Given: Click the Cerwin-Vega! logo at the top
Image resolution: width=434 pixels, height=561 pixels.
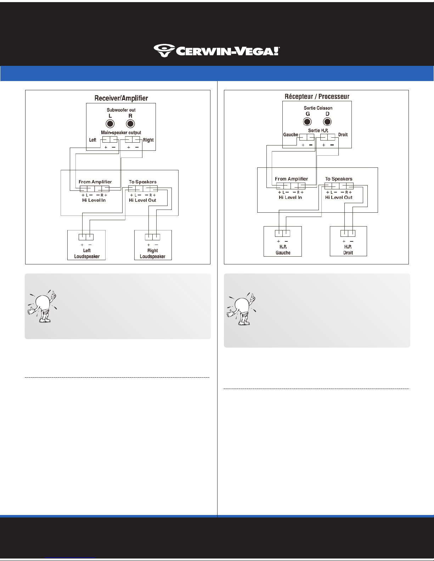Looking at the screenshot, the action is tap(216, 51).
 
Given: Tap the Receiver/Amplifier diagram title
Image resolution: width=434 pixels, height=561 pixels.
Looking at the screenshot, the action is tap(121, 98).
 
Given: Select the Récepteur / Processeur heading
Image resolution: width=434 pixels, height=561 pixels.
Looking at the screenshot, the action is tap(317, 97).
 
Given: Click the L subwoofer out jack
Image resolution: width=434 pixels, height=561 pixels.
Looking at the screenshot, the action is tap(110, 124).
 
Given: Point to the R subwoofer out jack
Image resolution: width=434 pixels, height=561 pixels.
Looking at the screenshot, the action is tap(130, 124).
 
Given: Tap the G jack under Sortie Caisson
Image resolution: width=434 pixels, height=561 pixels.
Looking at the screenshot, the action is tap(307, 122).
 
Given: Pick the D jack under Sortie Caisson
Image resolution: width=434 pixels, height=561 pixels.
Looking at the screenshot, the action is tap(327, 122).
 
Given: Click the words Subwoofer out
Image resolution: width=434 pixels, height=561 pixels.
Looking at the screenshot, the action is tap(121, 110).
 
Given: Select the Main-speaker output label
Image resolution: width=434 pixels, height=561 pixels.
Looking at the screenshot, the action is tap(121, 133).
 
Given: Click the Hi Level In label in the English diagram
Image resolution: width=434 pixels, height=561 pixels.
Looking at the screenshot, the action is tap(94, 200).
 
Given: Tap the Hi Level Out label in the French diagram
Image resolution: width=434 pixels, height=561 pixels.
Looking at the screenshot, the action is tap(339, 197).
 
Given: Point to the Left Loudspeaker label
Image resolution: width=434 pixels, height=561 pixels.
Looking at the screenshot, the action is tap(87, 253).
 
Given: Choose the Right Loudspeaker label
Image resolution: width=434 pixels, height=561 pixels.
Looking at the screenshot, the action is tap(152, 253).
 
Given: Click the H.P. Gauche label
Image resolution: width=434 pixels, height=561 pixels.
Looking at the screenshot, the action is tap(283, 250).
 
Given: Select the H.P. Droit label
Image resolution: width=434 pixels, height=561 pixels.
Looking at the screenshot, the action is tap(348, 250).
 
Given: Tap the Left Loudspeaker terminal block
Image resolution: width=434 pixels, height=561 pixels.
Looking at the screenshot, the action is tap(86, 237).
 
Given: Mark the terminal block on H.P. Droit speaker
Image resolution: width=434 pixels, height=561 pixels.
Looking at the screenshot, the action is tap(348, 233).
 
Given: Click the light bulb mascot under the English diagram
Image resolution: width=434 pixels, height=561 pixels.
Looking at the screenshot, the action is tap(42, 307).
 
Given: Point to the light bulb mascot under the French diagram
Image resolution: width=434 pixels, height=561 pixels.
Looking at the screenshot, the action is tap(242, 309).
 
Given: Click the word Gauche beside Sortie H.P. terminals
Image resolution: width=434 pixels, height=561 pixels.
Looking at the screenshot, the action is tap(291, 134).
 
